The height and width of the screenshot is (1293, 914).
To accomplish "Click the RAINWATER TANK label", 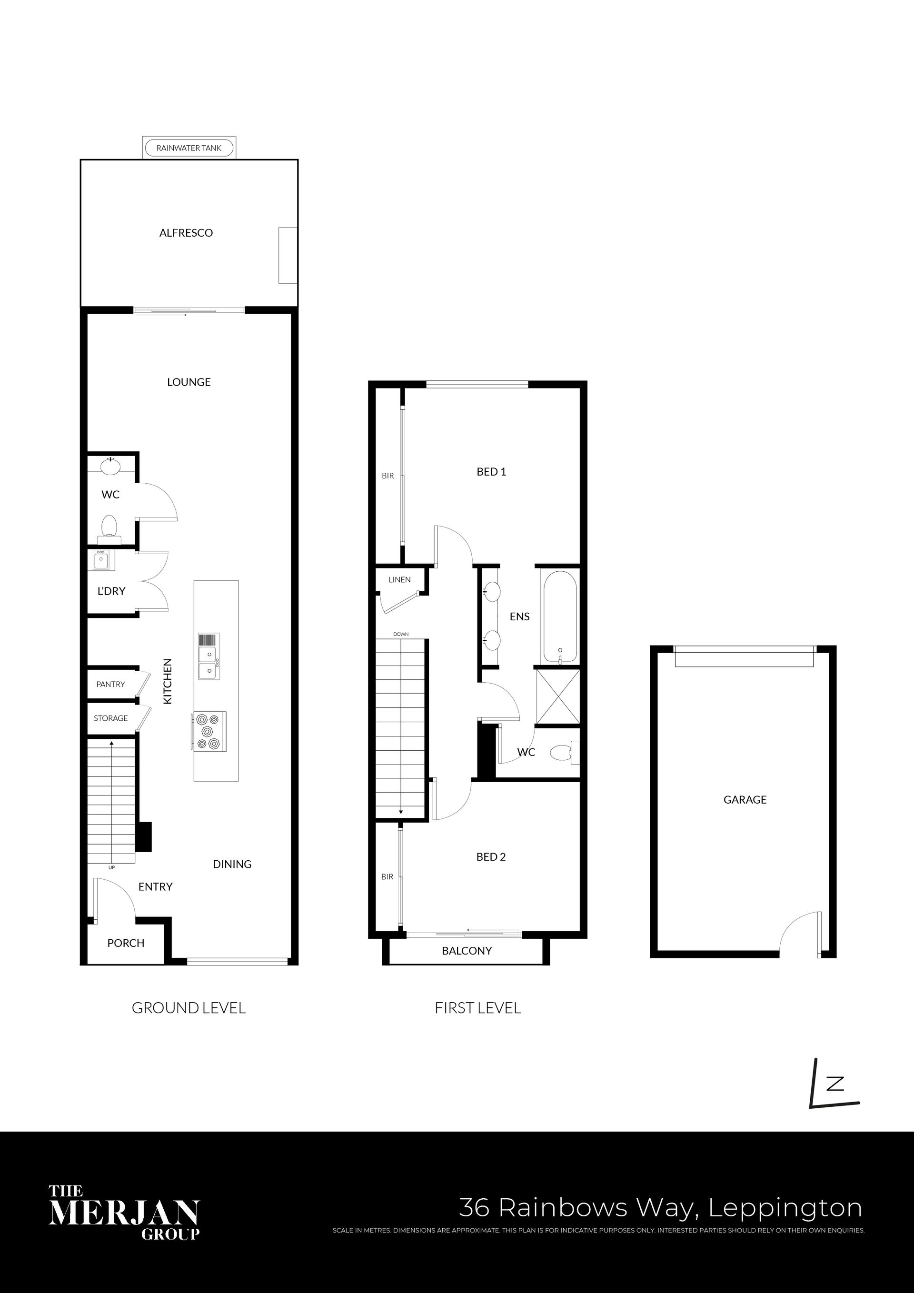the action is point(189,148).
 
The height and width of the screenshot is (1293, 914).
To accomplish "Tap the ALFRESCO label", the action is point(186,233).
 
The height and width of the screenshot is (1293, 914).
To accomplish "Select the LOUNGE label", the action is point(189,382).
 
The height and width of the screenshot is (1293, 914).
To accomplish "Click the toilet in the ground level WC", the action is point(109,529).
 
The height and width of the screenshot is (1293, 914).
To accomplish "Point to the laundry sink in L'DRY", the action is point(102,560).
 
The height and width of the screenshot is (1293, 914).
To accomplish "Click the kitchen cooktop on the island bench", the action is point(209,731).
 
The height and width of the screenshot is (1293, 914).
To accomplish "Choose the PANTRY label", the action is point(110,684).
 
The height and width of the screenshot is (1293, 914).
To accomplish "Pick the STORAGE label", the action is point(110,718).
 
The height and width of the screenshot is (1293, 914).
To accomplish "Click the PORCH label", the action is point(126,943).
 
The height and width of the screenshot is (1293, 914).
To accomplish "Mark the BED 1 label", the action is point(491,472).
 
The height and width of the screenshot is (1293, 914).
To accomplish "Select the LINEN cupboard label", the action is point(399,579).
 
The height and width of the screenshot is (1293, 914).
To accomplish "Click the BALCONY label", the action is point(467,951).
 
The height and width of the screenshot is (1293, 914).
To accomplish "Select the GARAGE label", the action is point(745,800).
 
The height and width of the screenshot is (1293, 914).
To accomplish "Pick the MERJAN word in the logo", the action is point(124,1213).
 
